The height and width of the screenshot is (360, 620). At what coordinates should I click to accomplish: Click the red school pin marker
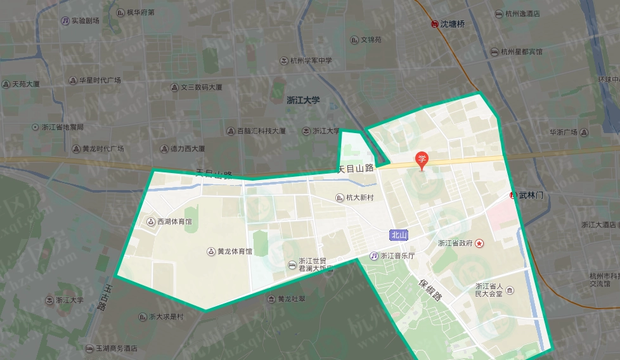point(421,160)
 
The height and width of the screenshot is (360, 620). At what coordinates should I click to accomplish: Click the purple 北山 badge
point(398,235)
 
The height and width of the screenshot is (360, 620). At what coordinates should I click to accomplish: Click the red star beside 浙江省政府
point(479,243)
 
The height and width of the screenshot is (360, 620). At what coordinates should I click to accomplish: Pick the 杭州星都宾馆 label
point(517,52)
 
